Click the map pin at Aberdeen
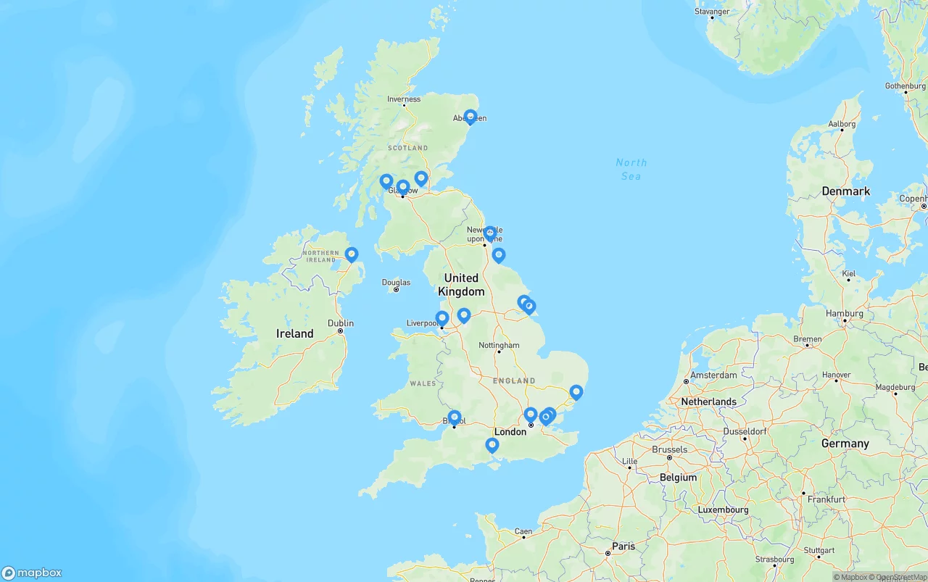point(470,117)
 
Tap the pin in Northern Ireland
point(352,254)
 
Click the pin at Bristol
point(455,417)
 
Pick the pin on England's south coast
point(492,445)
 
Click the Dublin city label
point(341,323)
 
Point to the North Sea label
point(631,170)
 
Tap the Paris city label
point(623,546)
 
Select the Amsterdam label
point(713,375)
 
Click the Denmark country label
point(845,191)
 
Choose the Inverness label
point(404,99)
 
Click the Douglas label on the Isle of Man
point(396,283)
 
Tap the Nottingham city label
point(499,345)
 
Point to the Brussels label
point(669,449)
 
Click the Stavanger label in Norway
point(712,12)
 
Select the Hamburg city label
point(844,314)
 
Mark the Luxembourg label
point(723,510)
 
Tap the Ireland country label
point(294,334)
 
